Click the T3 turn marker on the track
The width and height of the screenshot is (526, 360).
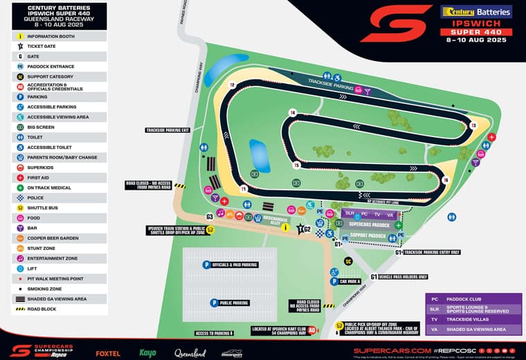click(x=473, y=126)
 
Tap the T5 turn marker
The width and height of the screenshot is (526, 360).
click(x=296, y=165)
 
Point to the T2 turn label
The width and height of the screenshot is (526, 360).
click(x=233, y=85)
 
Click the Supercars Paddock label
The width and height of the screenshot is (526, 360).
click(x=369, y=224)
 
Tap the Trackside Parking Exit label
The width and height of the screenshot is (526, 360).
click(x=167, y=130)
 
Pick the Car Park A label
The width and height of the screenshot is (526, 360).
click(x=348, y=282)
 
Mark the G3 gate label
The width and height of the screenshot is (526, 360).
click(x=210, y=216)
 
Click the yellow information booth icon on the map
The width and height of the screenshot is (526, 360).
click(x=211, y=230)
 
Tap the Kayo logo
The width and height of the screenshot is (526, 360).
click(x=148, y=352)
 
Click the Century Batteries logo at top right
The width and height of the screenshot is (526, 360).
click(x=476, y=12)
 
